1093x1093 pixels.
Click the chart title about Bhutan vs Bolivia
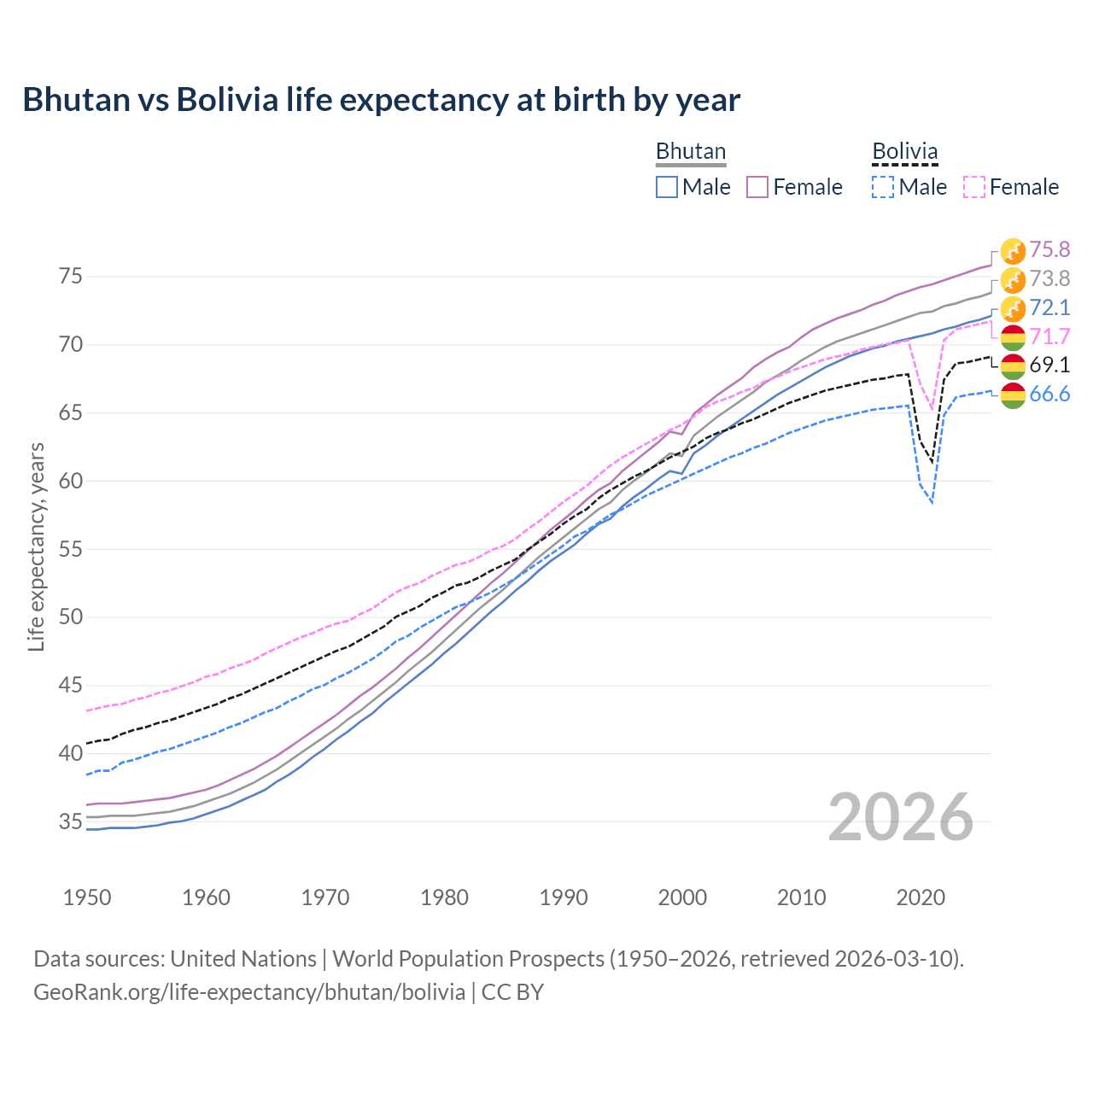pyautogui.click(x=381, y=100)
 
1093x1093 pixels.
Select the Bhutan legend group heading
pyautogui.click(x=690, y=151)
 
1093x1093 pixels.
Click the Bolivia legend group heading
pyautogui.click(x=904, y=151)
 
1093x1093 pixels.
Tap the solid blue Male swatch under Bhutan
pyautogui.click(x=667, y=187)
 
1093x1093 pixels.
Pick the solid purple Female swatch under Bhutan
pyautogui.click(x=757, y=187)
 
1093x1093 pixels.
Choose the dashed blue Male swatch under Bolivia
pyautogui.click(x=883, y=187)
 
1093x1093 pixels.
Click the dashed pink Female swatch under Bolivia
pyautogui.click(x=974, y=187)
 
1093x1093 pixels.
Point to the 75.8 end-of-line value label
pyautogui.click(x=1049, y=249)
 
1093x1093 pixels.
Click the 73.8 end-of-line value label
pyautogui.click(x=1049, y=278)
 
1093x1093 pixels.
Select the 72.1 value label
pyautogui.click(x=1049, y=307)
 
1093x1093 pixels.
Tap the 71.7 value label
pyautogui.click(x=1049, y=336)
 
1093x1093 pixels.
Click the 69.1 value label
pyautogui.click(x=1049, y=365)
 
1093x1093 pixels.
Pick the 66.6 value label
pyautogui.click(x=1049, y=395)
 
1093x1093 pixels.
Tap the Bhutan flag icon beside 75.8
pyautogui.click(x=1013, y=250)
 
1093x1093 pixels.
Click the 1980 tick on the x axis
pyautogui.click(x=444, y=897)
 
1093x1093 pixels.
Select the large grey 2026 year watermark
pyautogui.click(x=901, y=818)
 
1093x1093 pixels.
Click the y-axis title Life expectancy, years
pyautogui.click(x=36, y=546)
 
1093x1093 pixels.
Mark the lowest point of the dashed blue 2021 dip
pyautogui.click(x=932, y=503)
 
